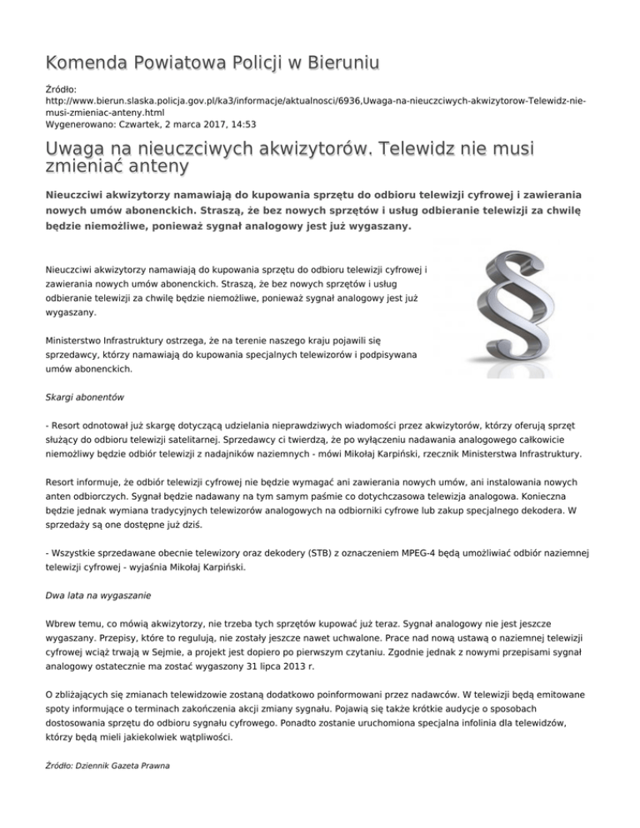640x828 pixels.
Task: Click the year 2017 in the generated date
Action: pos(207,124)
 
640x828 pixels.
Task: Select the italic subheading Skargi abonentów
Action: pos(85,400)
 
